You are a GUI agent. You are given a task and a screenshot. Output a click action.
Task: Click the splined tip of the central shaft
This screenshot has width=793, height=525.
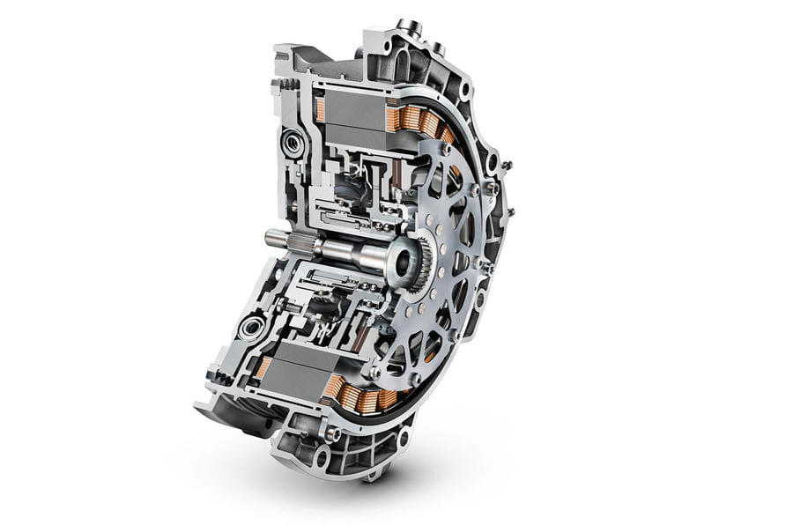pos(272,237)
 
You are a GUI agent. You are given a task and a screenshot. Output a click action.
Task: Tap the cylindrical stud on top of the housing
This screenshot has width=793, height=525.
pos(407,28)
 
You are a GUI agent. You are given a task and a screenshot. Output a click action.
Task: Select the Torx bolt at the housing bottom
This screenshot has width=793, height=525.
pos(332,433)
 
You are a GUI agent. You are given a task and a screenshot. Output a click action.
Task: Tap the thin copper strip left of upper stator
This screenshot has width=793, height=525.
pos(320,110)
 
